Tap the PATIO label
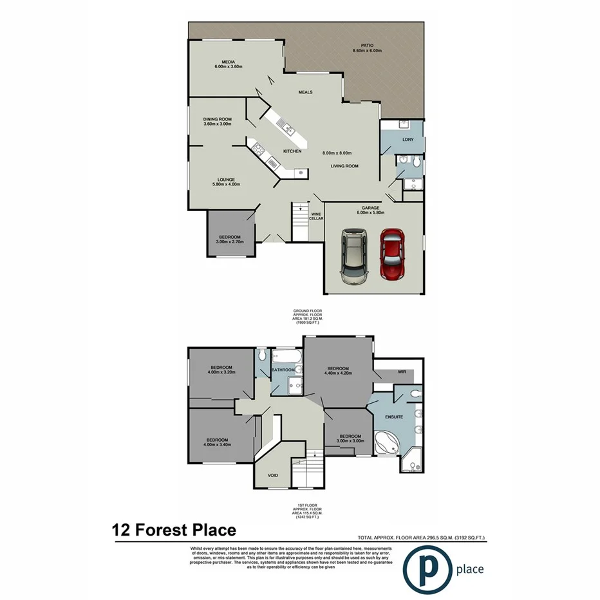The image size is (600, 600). click(x=367, y=46)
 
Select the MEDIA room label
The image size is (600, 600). click(x=228, y=62)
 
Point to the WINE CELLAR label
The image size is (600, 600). click(x=316, y=216)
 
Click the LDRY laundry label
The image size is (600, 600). click(x=407, y=140)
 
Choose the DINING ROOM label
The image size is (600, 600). click(x=217, y=119)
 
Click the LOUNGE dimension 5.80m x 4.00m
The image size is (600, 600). click(x=225, y=185)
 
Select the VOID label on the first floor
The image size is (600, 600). click(x=273, y=475)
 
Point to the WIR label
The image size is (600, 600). click(x=402, y=371)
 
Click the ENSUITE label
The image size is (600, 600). click(x=394, y=417)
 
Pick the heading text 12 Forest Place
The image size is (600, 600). click(x=174, y=530)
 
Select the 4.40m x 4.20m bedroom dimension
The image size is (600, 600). click(x=338, y=373)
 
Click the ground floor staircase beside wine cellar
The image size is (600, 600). click(x=299, y=222)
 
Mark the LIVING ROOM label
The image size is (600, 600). click(x=344, y=166)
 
